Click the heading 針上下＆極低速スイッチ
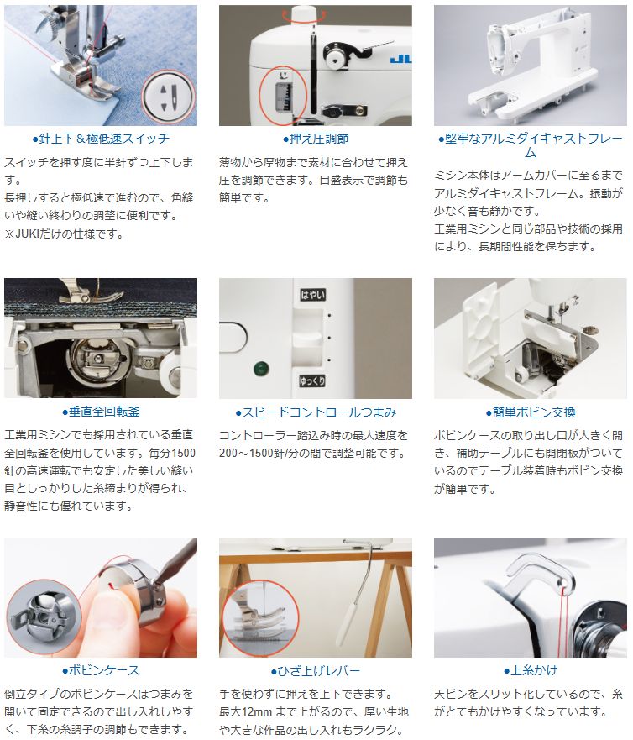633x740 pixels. point(101,139)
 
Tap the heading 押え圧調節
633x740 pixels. point(316,139)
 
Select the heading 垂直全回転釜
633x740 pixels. point(101,412)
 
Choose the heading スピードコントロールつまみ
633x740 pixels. point(316,412)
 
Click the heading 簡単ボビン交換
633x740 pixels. point(531,412)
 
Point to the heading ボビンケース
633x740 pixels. point(101,670)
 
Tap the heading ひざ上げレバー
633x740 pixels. point(316,671)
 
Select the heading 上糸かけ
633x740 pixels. point(531,670)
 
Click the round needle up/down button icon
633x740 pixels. point(169,97)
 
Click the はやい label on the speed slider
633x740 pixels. point(313,295)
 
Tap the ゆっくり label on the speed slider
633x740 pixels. point(312,380)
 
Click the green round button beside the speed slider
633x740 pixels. point(261,369)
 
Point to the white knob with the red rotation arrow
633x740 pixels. point(304,14)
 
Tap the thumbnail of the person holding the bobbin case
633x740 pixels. point(101,597)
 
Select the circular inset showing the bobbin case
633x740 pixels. point(44,617)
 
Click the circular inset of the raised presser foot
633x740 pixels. point(260,616)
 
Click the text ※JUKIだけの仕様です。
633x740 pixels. point(64,234)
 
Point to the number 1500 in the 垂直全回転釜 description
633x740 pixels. point(182,453)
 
